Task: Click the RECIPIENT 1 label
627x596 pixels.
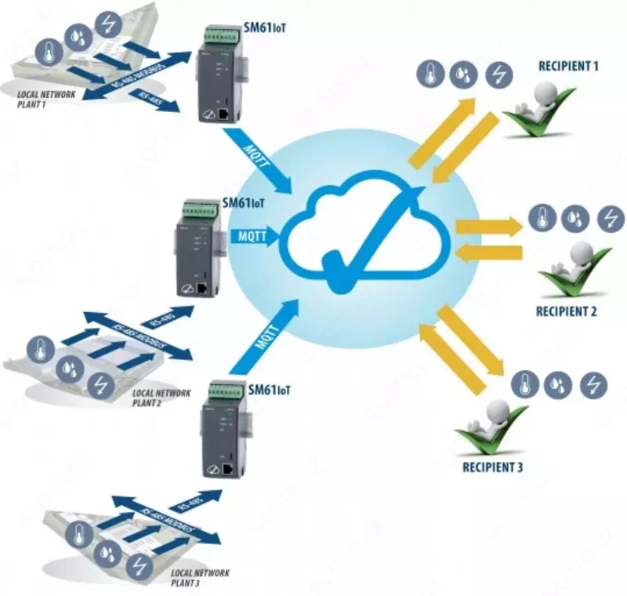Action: point(568,67)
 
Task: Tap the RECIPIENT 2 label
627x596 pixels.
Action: point(567,311)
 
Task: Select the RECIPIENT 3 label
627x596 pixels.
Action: point(493,468)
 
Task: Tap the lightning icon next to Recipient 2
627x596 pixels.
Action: point(610,218)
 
